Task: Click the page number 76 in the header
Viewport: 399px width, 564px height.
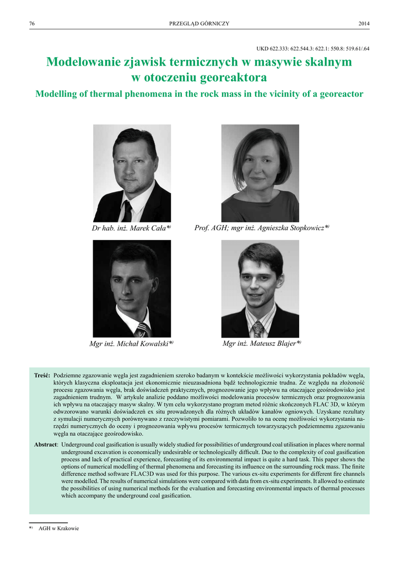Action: pyautogui.click(x=32, y=23)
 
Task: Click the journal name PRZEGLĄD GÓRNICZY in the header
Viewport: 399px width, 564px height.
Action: pyautogui.click(x=199, y=23)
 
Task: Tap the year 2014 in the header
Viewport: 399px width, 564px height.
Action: pyautogui.click(x=364, y=23)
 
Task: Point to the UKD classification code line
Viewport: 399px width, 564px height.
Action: pyautogui.click(x=313, y=49)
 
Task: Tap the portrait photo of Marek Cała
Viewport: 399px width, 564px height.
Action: pyautogui.click(x=132, y=173)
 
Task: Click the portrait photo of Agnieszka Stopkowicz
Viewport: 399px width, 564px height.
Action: pyautogui.click(x=260, y=173)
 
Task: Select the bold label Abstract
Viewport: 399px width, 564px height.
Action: pyautogui.click(x=46, y=444)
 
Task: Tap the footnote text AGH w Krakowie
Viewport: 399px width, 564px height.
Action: pyautogui.click(x=58, y=528)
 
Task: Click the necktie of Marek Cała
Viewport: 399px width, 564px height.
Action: pyautogui.click(x=127, y=211)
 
